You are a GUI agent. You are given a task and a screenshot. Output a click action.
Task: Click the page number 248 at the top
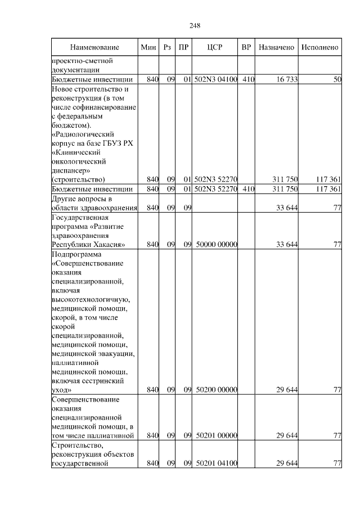click(x=195, y=26)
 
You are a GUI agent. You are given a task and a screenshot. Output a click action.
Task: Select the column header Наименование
click(x=94, y=47)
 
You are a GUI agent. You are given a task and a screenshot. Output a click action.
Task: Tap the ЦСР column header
click(x=215, y=47)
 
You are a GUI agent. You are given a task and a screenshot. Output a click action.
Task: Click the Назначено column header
click(x=276, y=47)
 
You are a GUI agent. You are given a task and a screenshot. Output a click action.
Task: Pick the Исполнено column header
click(x=319, y=47)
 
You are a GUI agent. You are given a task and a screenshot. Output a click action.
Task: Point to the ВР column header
click(x=246, y=47)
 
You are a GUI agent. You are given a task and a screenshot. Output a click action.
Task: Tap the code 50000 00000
click(x=217, y=245)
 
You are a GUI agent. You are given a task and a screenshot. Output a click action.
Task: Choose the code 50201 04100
click(x=217, y=463)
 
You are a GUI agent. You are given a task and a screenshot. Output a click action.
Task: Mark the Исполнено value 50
click(x=337, y=80)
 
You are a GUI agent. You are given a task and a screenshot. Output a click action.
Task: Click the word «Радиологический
click(x=83, y=135)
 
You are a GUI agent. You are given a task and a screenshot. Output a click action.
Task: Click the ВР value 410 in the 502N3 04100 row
click(x=248, y=80)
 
